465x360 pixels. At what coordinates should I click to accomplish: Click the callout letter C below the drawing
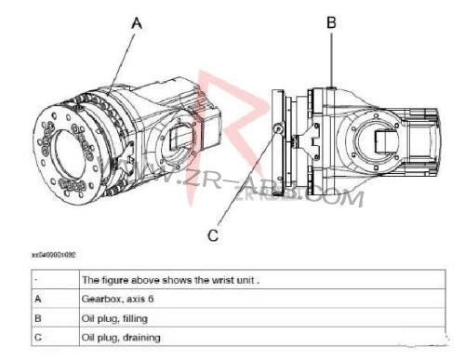[x=213, y=235]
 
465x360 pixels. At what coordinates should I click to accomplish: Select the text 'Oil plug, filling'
[x=115, y=317]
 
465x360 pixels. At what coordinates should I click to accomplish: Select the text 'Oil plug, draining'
[x=120, y=337]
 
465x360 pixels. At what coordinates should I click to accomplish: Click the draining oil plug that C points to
[x=277, y=128]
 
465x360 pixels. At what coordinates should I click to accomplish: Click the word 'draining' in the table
[x=139, y=337]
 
